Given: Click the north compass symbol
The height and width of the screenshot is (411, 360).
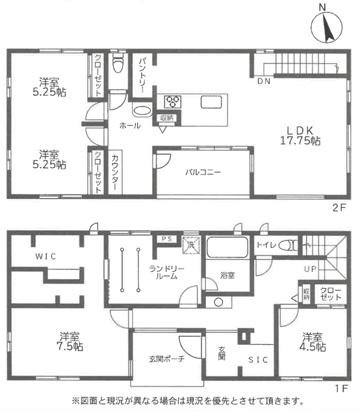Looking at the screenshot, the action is (326, 27).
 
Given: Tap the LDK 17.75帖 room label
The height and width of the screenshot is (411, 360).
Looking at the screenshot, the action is (300, 135).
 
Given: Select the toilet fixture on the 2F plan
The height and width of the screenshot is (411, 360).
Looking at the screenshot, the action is (118, 63).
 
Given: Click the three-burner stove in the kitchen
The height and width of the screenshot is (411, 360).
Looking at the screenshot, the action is (173, 101).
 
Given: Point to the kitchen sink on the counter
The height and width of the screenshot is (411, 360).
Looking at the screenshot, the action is (211, 102).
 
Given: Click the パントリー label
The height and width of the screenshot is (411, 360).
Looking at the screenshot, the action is (143, 76).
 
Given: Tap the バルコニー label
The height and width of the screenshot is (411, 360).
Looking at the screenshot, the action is (203, 172).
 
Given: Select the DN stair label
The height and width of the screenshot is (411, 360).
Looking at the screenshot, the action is (264, 81).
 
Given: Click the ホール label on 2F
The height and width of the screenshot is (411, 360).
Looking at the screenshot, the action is (130, 126).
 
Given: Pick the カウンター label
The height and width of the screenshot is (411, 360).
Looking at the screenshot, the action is (115, 173).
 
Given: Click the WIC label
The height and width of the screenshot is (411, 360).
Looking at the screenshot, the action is (45, 256).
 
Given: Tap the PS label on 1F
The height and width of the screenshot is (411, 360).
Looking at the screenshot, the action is (166, 239).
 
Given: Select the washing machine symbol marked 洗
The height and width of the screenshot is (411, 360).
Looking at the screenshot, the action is (191, 245).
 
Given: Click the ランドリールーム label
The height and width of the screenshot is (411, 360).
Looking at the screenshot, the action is (166, 272).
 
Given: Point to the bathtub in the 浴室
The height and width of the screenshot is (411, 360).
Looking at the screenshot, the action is (227, 248).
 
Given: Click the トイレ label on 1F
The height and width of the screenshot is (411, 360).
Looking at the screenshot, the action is (266, 245).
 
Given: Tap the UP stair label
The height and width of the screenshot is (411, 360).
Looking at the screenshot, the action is (310, 269).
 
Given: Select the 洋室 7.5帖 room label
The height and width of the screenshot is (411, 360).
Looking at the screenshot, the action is (70, 341).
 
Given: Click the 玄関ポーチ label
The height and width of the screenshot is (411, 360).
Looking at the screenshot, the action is (166, 358).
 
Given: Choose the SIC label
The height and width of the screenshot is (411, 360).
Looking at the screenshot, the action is (258, 360).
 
